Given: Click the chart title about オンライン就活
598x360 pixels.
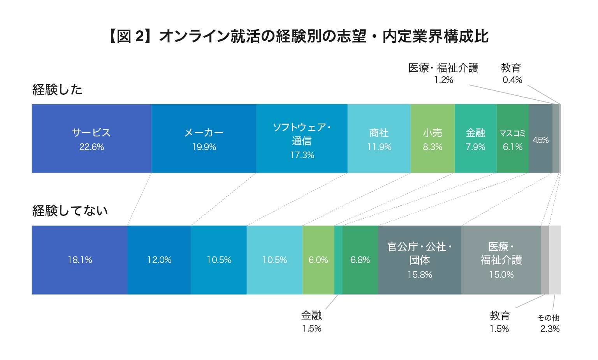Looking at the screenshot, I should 299,36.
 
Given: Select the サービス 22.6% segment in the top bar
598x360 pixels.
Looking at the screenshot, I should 91,139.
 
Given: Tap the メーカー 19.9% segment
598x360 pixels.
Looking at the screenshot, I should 204,139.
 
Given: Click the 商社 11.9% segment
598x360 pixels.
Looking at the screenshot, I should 379,139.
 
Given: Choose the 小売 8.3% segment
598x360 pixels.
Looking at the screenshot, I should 433,139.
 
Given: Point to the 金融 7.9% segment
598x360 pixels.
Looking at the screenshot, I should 475,139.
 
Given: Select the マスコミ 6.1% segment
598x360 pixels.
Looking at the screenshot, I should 512,139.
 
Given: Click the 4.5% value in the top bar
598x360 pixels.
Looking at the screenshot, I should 540,140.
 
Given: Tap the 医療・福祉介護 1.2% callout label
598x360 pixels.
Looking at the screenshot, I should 443,73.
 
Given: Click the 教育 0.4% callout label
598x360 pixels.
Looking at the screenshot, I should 512,73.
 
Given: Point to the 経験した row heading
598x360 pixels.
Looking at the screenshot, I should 57,90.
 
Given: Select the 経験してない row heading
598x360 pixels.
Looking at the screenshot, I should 70,210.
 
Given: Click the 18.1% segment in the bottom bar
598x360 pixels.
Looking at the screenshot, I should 80,260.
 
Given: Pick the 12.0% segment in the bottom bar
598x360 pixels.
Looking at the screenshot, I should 159,260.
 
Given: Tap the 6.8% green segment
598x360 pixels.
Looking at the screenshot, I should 360,260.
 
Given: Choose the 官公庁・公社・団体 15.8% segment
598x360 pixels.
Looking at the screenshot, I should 420,260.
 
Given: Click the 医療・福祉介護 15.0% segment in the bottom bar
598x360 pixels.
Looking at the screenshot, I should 501,260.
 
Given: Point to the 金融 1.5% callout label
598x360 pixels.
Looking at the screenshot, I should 312,321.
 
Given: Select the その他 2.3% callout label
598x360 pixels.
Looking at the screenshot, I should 549,323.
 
